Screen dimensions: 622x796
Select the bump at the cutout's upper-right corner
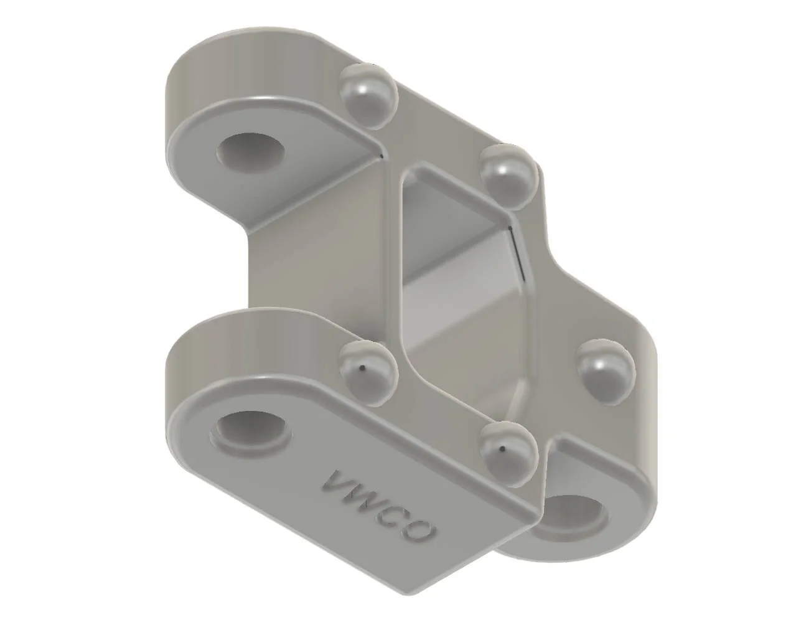tap(510, 174)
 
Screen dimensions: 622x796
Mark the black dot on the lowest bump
tap(503, 446)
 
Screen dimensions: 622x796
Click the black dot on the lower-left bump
tap(360, 368)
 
